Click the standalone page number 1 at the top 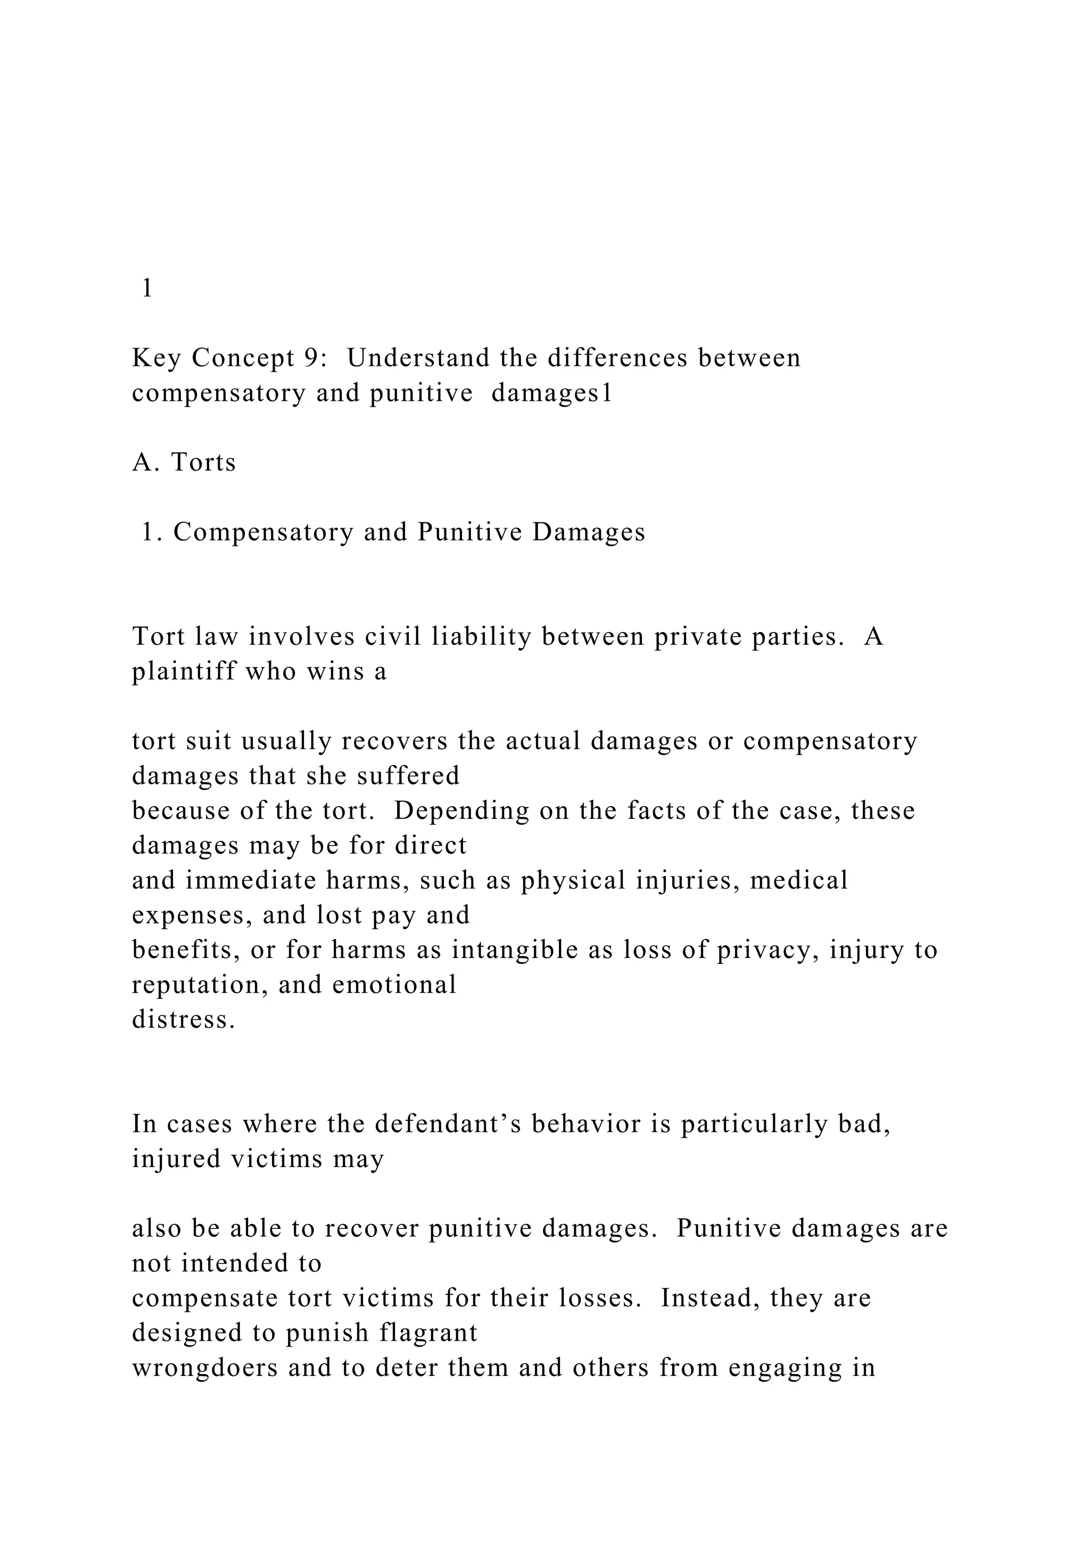click(x=147, y=288)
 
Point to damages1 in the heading click(x=552, y=393)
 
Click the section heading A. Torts click(x=184, y=463)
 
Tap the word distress click(x=183, y=1020)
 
